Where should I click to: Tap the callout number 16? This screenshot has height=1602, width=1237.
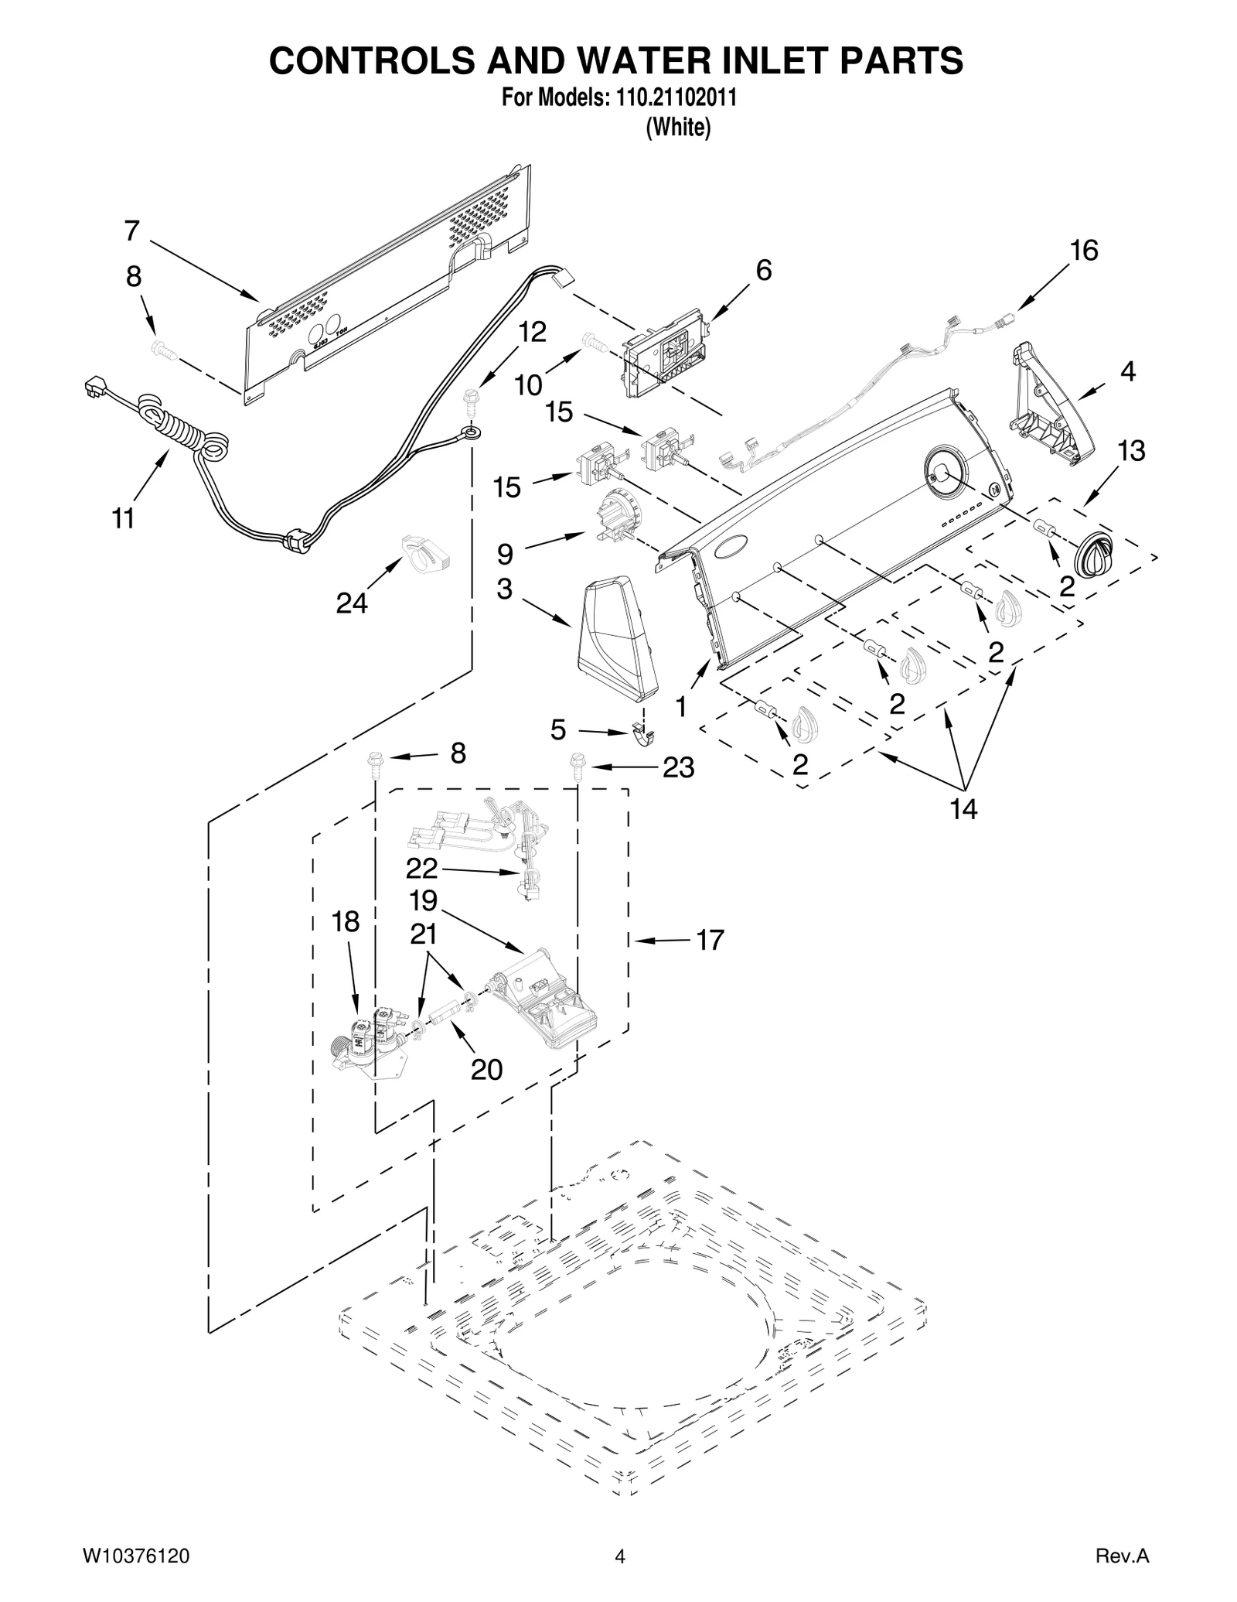(x=1084, y=251)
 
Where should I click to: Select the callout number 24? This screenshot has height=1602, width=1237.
(x=351, y=603)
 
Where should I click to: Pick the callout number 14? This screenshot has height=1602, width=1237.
(x=963, y=809)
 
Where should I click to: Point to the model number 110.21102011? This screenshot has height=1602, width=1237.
(x=676, y=98)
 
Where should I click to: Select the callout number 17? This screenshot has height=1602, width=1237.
(x=710, y=941)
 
